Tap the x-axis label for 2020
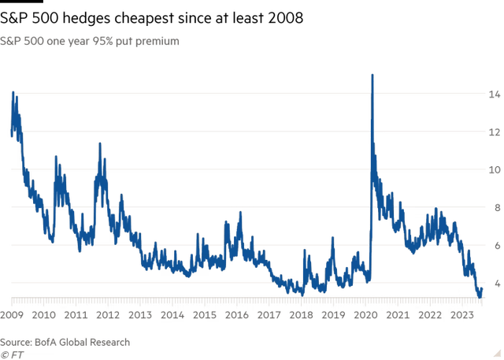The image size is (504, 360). tap(367, 316)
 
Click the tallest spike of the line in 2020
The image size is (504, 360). tap(372, 74)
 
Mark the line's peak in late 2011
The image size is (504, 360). tap(99, 143)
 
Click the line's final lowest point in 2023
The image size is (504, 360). tap(480, 295)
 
